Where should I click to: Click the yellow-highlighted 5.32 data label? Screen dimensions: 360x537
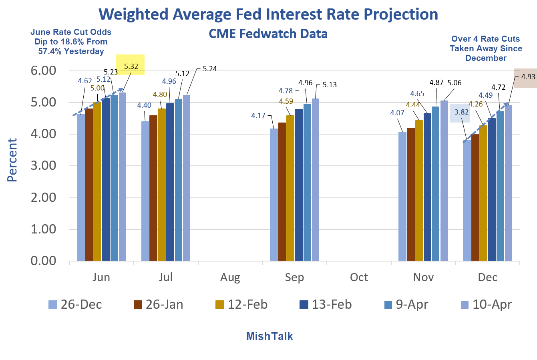(131, 66)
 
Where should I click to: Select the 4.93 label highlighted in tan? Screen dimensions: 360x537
(528, 76)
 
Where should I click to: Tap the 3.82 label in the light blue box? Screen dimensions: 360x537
(461, 112)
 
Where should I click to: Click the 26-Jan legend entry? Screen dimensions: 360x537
(159, 304)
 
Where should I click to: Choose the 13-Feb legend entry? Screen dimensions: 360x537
(326, 304)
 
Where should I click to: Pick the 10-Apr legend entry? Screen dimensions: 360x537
(486, 304)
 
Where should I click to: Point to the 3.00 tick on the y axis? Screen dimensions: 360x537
(43, 165)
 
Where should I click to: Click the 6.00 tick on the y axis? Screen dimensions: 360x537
(43, 70)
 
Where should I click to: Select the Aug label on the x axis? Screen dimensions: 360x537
(230, 278)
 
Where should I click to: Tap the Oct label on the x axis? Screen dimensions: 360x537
(359, 278)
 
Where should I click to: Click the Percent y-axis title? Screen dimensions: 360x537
(12, 160)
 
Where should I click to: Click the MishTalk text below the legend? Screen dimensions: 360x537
(270, 336)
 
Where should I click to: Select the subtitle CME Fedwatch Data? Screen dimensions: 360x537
(268, 34)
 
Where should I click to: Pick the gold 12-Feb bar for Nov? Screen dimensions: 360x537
(419, 191)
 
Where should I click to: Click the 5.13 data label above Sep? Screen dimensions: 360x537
(330, 85)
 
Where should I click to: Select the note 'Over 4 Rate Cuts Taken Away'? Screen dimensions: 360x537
(486, 48)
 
